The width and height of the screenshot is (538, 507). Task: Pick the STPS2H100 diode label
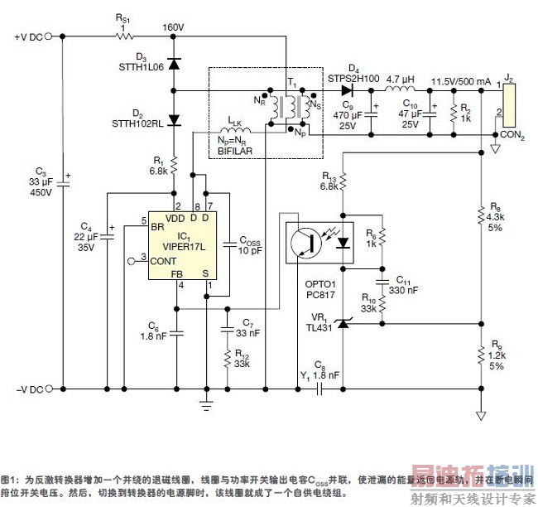coord(353,78)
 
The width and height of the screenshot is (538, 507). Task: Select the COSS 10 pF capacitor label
coord(251,245)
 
